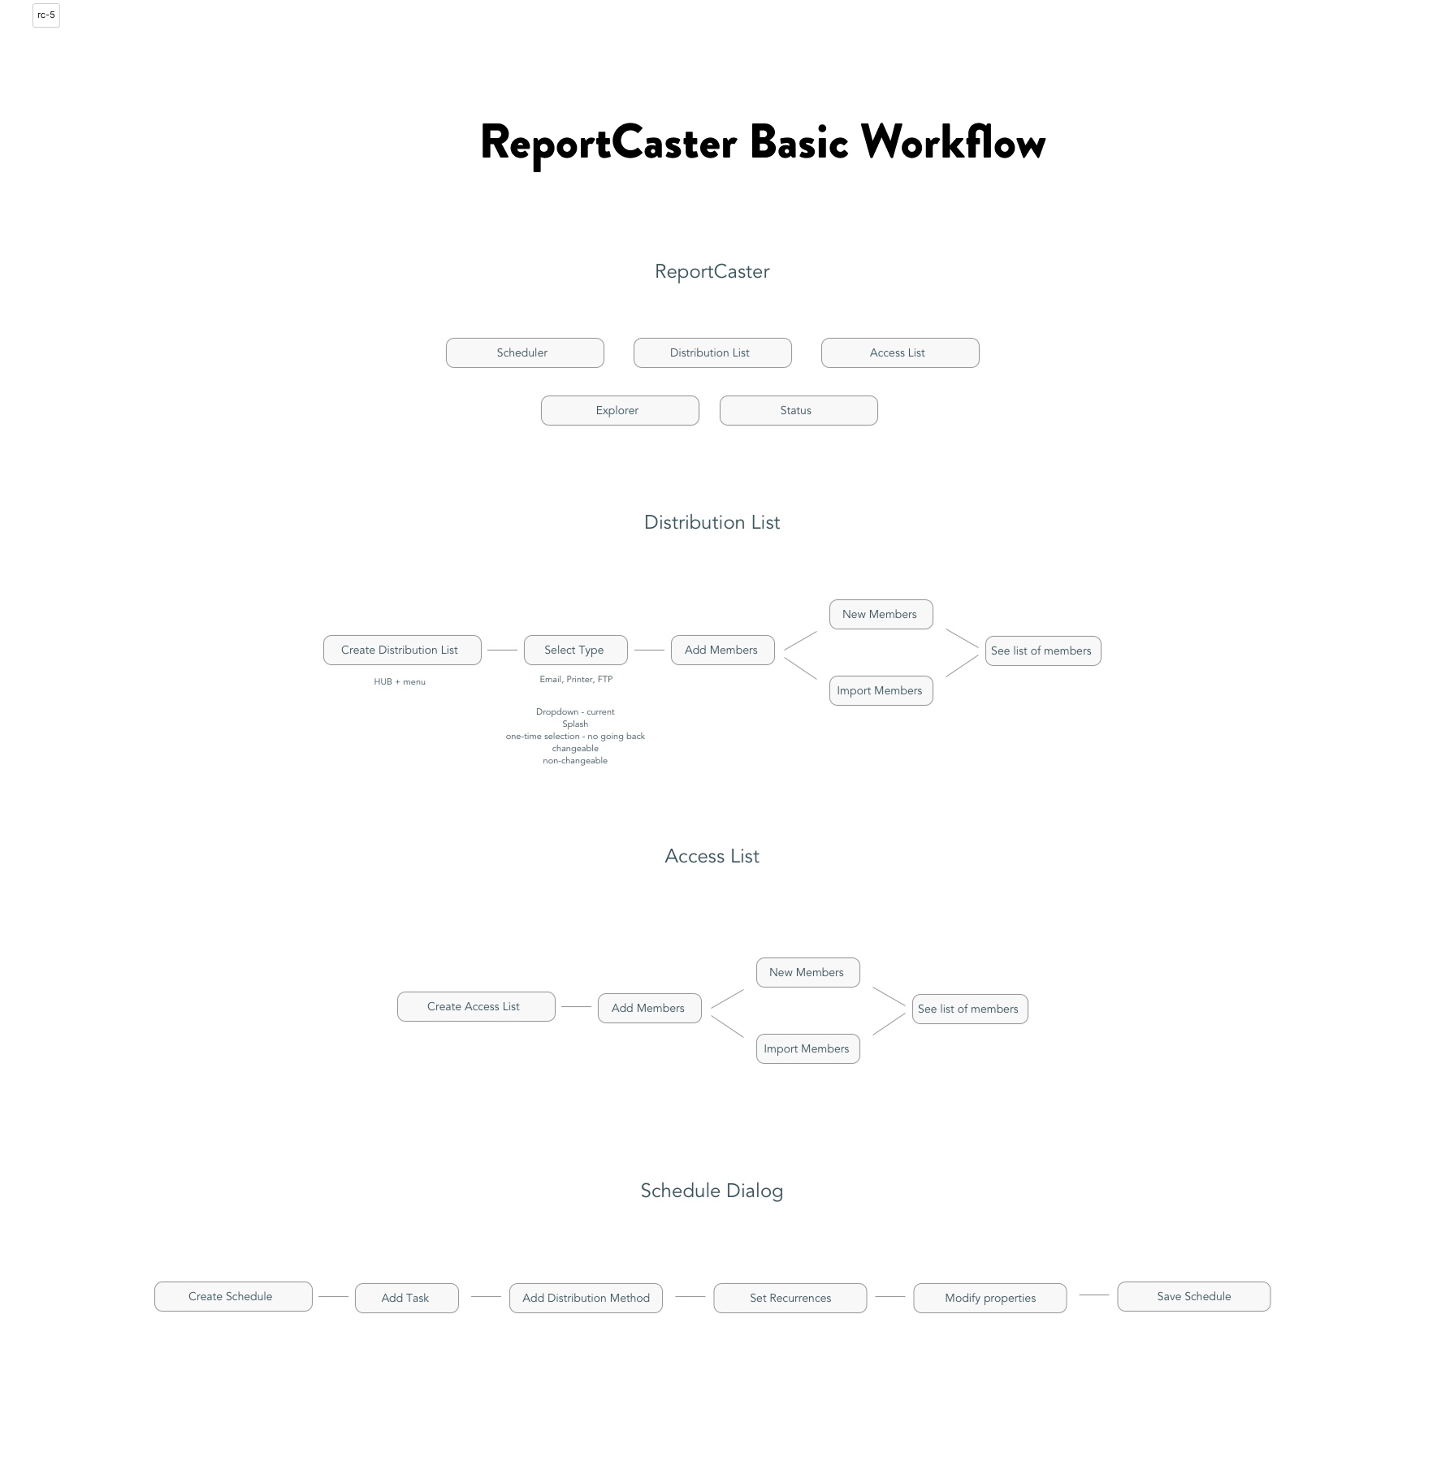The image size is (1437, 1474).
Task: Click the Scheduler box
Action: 525,352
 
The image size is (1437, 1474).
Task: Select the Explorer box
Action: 620,410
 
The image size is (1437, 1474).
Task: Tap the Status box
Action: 799,410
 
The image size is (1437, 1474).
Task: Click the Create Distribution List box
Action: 402,650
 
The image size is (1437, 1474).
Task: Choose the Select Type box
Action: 576,650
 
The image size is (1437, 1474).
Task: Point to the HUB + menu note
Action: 400,682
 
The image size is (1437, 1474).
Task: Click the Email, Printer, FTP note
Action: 576,680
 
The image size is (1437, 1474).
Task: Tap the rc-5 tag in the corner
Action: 46,15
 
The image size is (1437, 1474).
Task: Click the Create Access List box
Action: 476,1006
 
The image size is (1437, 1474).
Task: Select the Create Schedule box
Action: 233,1296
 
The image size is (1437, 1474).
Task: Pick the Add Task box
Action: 407,1298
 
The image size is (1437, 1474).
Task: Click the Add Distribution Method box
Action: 586,1298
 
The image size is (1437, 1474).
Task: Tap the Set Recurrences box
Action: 790,1298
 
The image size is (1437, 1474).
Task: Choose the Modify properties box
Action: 990,1298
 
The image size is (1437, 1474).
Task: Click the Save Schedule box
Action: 1194,1296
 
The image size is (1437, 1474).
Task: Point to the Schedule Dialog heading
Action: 712,1191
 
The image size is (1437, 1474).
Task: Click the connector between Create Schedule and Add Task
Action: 333,1297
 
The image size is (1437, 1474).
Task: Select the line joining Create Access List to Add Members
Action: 576,1007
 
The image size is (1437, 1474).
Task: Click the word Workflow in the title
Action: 953,142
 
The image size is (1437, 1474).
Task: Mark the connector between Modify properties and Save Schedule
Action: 1094,1295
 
